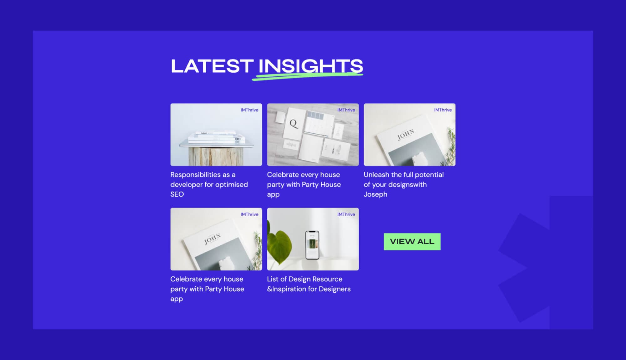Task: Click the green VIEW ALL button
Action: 412,242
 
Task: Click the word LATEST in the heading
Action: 212,66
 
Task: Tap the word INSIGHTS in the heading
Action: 310,66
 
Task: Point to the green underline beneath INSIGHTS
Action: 307,76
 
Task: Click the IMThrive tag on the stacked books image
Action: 249,110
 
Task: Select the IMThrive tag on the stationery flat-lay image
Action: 346,110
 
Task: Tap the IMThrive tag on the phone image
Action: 346,214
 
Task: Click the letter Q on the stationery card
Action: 293,123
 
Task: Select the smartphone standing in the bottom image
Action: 312,245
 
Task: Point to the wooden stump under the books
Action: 216,156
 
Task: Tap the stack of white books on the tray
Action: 216,137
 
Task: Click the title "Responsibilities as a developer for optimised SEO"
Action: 209,184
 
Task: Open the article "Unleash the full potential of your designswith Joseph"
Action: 403,184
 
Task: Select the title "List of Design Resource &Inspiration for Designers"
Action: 309,284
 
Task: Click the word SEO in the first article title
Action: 177,194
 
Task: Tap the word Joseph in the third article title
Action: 375,194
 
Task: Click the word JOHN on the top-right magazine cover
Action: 406,135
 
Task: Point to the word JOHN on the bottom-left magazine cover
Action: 213,239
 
